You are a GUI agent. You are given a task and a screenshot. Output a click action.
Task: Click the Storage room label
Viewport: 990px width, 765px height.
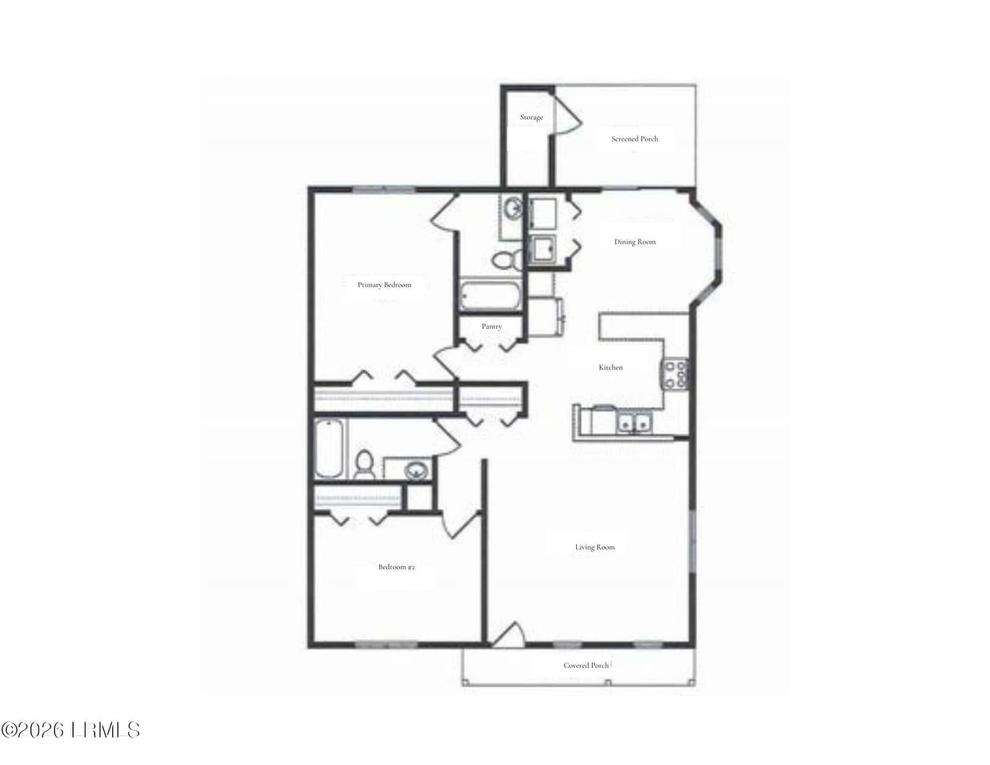pos(532,117)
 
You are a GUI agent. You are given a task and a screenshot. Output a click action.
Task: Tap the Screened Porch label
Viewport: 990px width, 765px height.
pos(635,139)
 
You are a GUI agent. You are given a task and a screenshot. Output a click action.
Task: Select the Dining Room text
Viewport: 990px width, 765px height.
pos(635,242)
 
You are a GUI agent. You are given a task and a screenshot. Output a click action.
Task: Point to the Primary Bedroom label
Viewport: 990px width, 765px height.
pos(384,284)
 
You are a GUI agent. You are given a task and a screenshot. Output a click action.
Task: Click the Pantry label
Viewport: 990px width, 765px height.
pos(491,327)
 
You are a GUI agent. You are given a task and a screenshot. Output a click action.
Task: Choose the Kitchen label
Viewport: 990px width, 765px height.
pos(611,367)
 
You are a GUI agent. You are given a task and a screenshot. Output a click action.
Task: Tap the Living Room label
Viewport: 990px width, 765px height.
pos(595,547)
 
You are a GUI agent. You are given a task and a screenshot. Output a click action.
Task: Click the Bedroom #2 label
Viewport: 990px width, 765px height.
pos(397,567)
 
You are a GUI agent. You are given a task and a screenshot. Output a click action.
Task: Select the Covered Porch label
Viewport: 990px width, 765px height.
pos(586,665)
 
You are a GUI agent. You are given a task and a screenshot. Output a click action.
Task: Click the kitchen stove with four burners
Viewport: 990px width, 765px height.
pos(674,374)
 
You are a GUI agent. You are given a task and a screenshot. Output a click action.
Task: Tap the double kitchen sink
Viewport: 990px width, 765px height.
pos(634,424)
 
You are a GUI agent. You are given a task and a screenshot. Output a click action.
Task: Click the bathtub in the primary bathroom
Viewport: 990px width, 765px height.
pos(490,295)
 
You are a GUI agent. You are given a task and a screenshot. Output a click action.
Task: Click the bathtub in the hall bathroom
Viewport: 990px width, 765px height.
pos(329,448)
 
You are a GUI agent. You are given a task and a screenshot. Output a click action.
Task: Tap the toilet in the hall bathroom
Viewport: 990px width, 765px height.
pos(364,464)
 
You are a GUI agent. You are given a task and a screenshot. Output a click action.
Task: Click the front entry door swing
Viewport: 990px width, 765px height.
pos(509,634)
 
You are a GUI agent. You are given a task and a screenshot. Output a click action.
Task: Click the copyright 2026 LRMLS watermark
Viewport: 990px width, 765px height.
pos(71,730)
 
